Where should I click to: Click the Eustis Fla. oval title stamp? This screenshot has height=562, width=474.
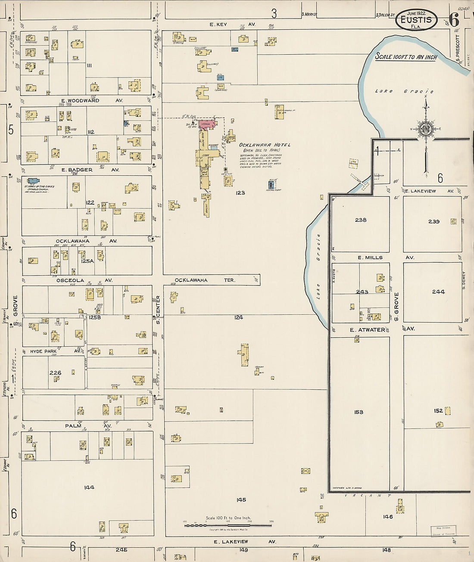[x=416, y=20]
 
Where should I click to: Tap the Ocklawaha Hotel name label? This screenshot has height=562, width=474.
[x=265, y=145]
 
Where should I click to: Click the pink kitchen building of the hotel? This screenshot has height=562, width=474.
[x=206, y=124]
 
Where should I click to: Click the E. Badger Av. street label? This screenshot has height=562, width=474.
[x=90, y=170]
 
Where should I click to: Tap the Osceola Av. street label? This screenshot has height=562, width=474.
[x=84, y=280]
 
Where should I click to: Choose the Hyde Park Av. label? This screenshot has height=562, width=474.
[x=55, y=351]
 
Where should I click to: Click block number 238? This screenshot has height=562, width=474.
[x=361, y=220]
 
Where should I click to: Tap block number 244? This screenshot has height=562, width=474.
[x=438, y=292]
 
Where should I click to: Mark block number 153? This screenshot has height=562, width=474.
[x=359, y=412]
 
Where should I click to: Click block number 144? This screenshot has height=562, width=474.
[x=89, y=487]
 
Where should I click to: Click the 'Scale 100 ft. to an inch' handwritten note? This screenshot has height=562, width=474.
[x=406, y=57]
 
